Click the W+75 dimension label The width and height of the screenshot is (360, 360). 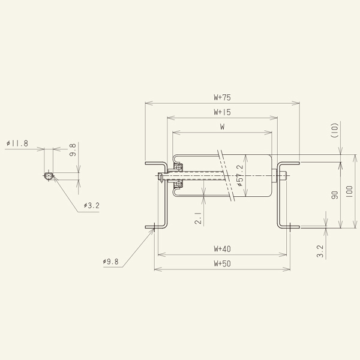click(222, 97)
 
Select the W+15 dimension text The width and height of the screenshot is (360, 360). click(222, 112)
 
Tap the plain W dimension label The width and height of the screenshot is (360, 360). click(222, 127)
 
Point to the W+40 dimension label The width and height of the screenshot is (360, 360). click(222, 248)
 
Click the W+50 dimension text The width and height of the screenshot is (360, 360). click(222, 263)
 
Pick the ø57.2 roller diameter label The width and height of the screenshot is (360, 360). click(239, 176)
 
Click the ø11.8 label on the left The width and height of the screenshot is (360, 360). click(17, 144)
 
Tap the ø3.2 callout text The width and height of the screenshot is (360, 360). click(92, 206)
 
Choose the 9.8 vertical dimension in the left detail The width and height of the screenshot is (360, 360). click(73, 150)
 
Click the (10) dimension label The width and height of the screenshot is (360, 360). click(336, 131)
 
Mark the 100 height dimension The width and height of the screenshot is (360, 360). click(350, 193)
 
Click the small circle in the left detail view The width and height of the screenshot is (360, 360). click(48, 176)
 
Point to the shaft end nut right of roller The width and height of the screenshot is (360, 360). click(284, 176)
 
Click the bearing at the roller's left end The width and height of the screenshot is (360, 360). click(177, 176)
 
